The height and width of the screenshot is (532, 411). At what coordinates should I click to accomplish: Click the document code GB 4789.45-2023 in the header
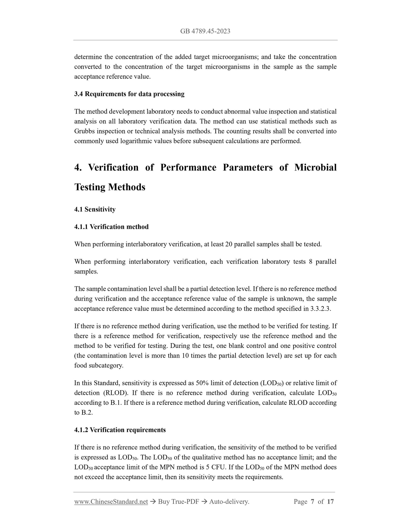[205, 31]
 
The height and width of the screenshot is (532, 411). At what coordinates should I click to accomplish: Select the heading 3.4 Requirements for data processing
[129, 94]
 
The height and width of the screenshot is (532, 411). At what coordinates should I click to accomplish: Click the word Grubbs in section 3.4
[84, 131]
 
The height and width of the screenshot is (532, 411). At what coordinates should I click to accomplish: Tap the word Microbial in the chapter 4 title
[315, 167]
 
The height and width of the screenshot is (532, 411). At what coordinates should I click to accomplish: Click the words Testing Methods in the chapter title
[110, 187]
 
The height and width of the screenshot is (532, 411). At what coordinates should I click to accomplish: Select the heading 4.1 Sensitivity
[95, 209]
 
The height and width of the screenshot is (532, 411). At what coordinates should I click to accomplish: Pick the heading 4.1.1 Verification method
[111, 227]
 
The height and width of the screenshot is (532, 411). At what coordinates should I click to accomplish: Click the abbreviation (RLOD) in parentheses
[114, 393]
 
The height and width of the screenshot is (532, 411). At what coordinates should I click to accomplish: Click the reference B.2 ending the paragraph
[87, 413]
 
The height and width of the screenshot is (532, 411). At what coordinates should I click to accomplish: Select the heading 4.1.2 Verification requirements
[120, 430]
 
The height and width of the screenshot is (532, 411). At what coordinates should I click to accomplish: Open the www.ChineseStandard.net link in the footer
[111, 502]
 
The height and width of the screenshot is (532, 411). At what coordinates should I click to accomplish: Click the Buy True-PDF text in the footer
[178, 502]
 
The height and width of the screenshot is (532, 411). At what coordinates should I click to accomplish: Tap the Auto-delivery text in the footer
[229, 502]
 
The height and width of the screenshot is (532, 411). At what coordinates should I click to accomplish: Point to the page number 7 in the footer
[312, 502]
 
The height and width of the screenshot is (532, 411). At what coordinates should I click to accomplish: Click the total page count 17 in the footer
[330, 502]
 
